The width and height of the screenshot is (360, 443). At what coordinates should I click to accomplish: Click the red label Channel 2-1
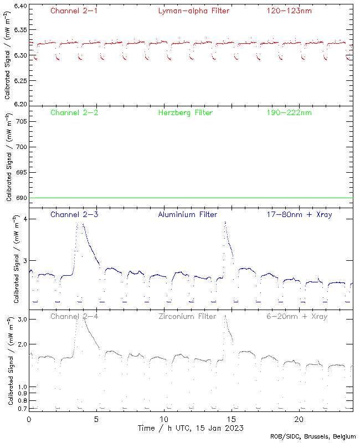tap(74, 11)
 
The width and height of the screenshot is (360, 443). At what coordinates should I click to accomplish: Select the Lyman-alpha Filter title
tap(193, 11)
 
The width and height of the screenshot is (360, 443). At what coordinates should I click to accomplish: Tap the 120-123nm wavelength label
tap(289, 11)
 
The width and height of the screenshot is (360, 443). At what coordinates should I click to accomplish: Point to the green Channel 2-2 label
tap(74, 113)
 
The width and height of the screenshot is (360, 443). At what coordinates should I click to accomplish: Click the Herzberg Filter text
tap(186, 113)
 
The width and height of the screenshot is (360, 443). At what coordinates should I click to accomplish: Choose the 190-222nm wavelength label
tap(289, 113)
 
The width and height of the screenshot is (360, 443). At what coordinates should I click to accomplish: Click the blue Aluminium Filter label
tap(188, 215)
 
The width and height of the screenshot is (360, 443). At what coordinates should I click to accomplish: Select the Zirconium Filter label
tap(187, 317)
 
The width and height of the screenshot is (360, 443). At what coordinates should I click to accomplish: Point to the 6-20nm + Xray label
tap(296, 317)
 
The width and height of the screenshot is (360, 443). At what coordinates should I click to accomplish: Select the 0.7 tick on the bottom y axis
tap(22, 409)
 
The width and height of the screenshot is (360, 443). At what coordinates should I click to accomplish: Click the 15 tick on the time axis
tap(232, 419)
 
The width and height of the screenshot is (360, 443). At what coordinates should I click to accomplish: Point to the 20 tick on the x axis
tap(299, 419)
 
